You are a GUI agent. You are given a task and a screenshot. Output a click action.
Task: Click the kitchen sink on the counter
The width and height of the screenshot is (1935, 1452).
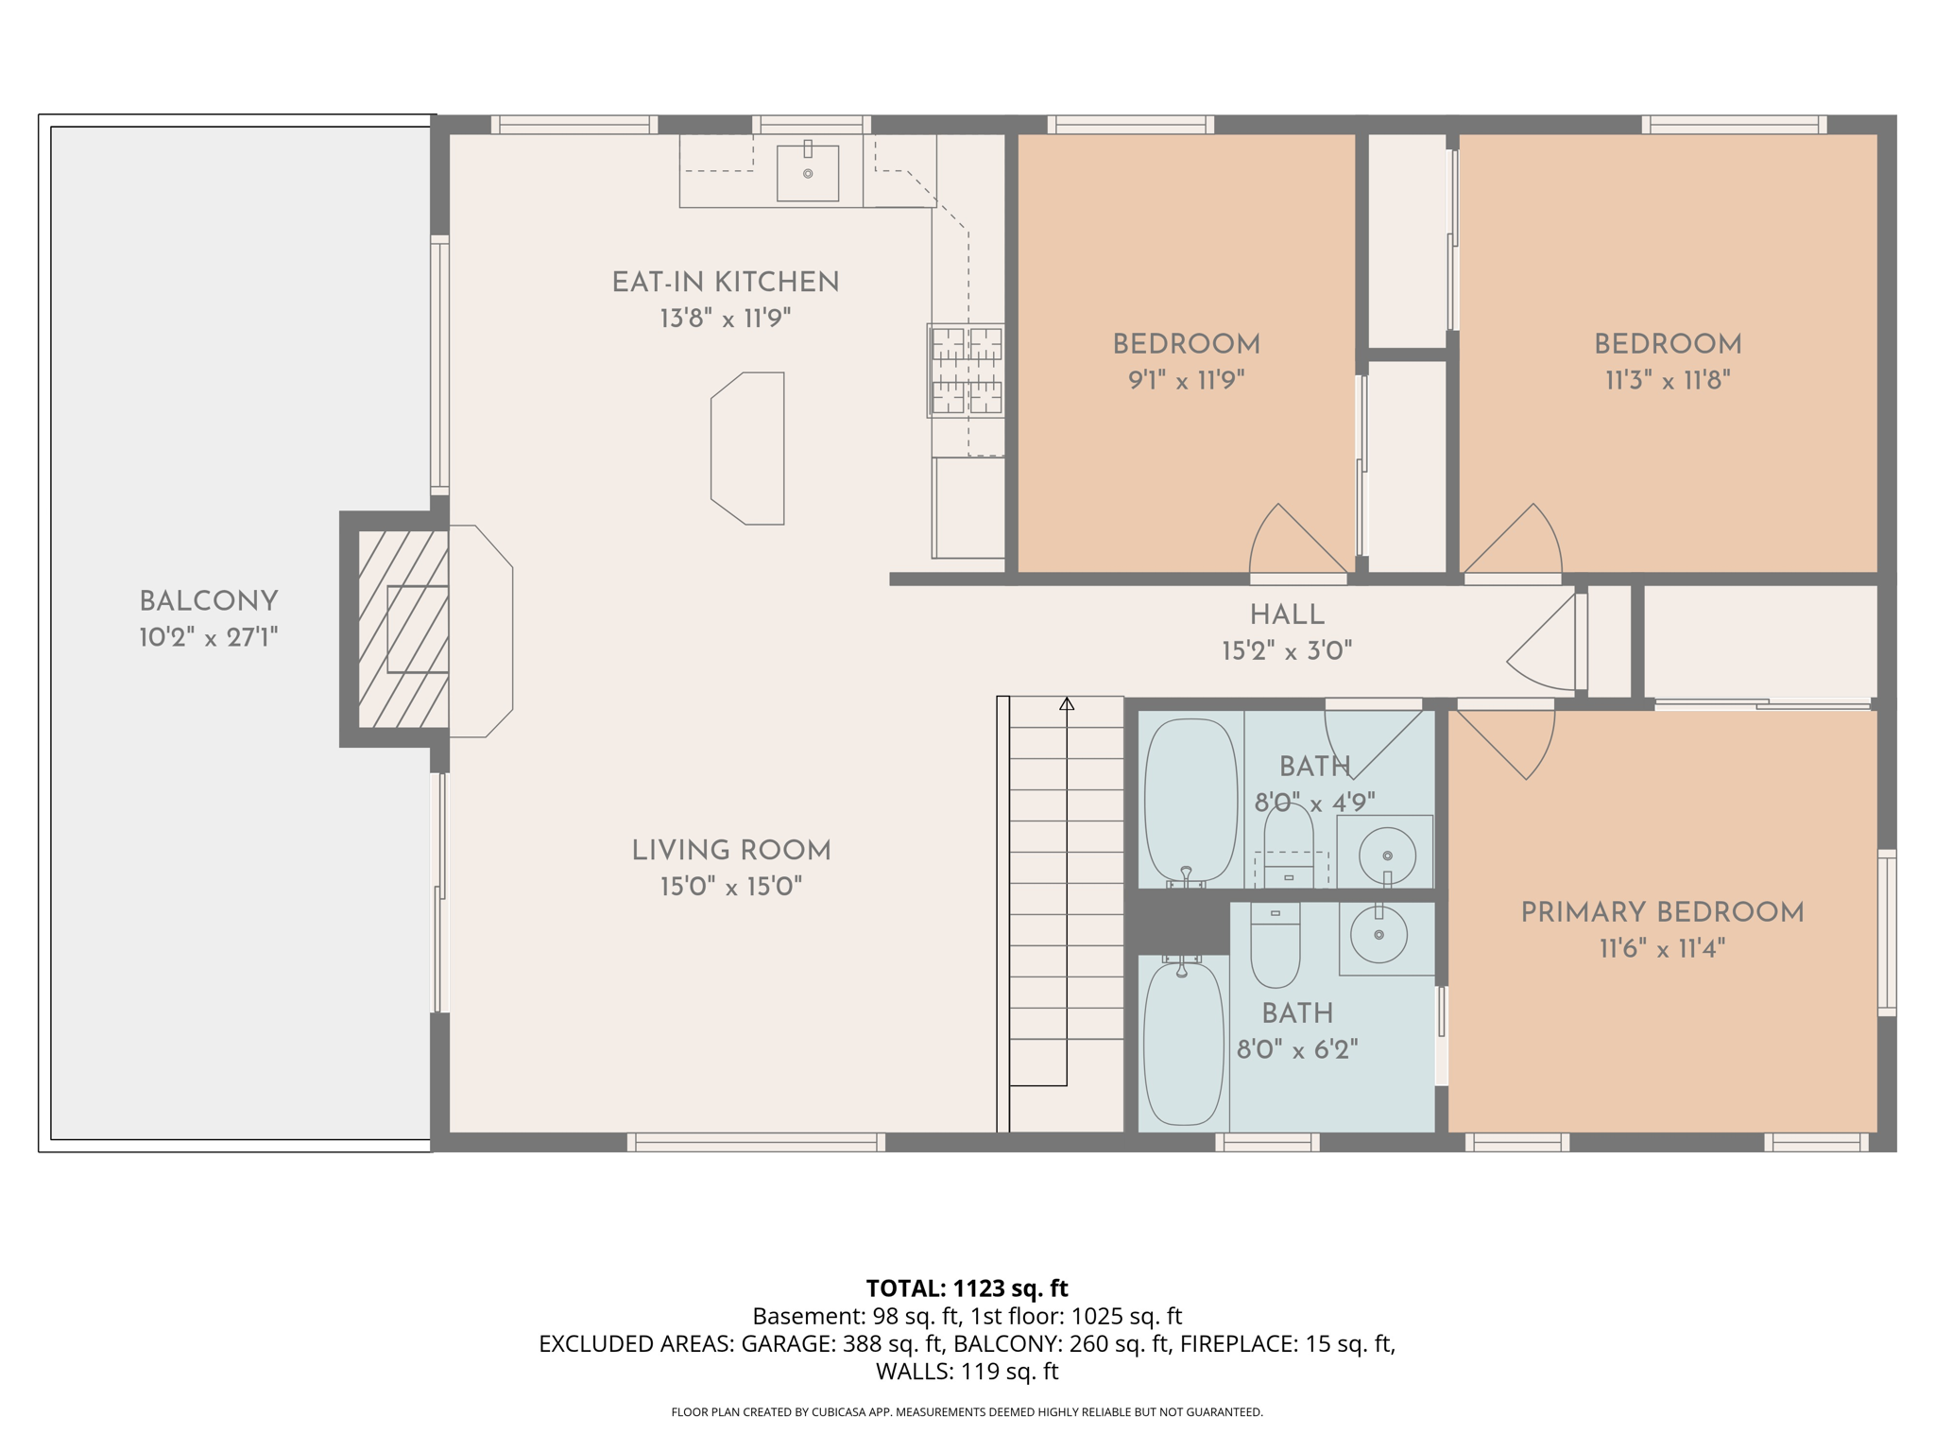pyautogui.click(x=807, y=172)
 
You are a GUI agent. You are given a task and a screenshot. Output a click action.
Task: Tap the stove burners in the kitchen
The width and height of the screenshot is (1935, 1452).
pyautogui.click(x=966, y=371)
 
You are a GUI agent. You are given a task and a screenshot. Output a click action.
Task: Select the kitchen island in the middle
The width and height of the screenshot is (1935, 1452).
pyautogui.click(x=748, y=448)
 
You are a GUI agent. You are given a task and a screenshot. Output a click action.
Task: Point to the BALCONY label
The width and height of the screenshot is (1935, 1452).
pyautogui.click(x=208, y=601)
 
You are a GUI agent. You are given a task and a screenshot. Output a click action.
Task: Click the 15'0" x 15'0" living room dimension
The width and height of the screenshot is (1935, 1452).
pyautogui.click(x=730, y=887)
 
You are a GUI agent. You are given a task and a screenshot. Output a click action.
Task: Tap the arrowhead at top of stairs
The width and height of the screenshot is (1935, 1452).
pyautogui.click(x=1067, y=703)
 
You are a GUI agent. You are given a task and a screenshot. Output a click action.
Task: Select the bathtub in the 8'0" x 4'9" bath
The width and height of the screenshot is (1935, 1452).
pyautogui.click(x=1190, y=801)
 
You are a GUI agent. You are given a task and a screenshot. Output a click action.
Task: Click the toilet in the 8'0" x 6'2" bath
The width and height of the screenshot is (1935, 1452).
pyautogui.click(x=1275, y=945)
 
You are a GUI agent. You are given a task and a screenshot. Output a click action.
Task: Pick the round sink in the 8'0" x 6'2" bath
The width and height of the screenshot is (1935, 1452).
pyautogui.click(x=1378, y=934)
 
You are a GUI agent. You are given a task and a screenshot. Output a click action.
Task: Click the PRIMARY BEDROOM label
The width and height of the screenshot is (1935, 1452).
pyautogui.click(x=1662, y=912)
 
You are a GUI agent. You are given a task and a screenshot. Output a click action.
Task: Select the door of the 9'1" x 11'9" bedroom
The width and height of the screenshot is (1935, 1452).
pyautogui.click(x=1294, y=544)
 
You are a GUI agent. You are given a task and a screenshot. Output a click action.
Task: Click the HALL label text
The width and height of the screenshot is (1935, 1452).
pyautogui.click(x=1287, y=614)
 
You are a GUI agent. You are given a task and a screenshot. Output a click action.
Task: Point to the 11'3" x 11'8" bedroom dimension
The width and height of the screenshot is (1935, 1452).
pyautogui.click(x=1668, y=380)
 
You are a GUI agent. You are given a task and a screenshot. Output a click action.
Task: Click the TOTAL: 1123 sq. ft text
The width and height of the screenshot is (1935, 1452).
pyautogui.click(x=967, y=1288)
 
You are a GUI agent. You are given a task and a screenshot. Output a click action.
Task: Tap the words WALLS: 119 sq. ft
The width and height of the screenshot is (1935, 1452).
pyautogui.click(x=967, y=1371)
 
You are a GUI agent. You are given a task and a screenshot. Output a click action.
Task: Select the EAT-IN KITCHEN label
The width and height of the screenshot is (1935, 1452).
pyautogui.click(x=725, y=282)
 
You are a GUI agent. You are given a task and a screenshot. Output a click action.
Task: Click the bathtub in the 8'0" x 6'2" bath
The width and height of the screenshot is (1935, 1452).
pyautogui.click(x=1183, y=1045)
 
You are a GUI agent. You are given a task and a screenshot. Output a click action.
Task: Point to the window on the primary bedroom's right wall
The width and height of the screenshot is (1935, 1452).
pyautogui.click(x=1886, y=932)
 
